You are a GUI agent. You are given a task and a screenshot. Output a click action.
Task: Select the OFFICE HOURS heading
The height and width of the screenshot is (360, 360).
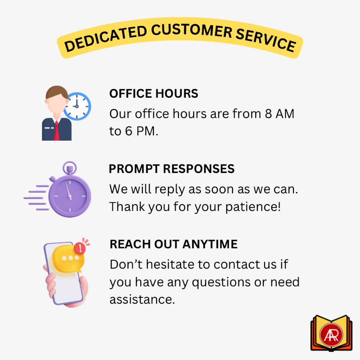pyautogui.click(x=154, y=94)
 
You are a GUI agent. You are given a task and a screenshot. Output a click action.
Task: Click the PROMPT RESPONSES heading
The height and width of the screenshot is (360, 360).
pyautogui.click(x=172, y=169)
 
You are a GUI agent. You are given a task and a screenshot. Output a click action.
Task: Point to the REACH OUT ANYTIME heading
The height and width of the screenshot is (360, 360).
pyautogui.click(x=174, y=244)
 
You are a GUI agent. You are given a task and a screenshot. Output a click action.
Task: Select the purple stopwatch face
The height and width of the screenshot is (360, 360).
pyautogui.click(x=70, y=196)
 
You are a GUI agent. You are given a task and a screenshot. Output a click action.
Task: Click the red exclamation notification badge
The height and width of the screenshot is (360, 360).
pyautogui.click(x=80, y=248)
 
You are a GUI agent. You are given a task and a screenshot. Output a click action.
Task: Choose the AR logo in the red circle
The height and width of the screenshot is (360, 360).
pyautogui.click(x=331, y=335)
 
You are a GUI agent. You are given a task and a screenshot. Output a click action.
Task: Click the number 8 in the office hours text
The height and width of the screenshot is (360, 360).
pyautogui.click(x=268, y=114)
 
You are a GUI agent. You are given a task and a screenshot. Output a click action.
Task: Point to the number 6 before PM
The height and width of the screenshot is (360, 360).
pyautogui.click(x=129, y=131)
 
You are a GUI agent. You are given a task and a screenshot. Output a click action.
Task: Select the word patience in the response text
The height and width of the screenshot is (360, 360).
pyautogui.click(x=253, y=207)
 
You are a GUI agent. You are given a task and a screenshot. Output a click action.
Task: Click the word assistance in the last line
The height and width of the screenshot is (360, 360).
pyautogui.click(x=142, y=300)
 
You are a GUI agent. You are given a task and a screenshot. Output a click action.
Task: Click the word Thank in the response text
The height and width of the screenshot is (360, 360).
pyautogui.click(x=128, y=206)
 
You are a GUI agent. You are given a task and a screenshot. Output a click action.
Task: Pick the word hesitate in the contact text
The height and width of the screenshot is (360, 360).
pyautogui.click(x=178, y=264)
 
